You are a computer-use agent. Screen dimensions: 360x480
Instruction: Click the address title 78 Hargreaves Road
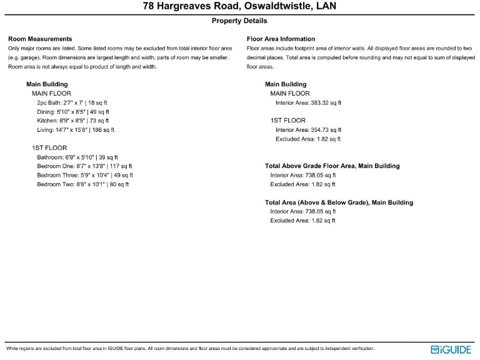[x=239, y=7]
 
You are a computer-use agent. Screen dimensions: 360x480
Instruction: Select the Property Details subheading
[x=239, y=21]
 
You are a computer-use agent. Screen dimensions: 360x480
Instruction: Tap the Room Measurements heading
[x=40, y=39]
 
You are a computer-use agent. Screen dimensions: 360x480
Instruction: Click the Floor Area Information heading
[x=281, y=39]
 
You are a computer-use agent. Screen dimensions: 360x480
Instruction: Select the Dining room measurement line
[x=72, y=112]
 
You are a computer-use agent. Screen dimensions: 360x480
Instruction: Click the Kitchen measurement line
[x=72, y=121]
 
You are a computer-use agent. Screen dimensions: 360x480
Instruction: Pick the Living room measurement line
[x=76, y=130]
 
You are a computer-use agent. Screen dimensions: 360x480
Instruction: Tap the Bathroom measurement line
[x=77, y=157]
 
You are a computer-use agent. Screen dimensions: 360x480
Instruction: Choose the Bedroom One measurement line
[x=84, y=166]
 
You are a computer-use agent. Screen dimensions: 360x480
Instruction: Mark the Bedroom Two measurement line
[x=83, y=184]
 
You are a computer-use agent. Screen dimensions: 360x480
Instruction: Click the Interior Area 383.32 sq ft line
[x=308, y=102]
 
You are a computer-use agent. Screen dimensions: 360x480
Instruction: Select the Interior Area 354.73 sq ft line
[x=308, y=130]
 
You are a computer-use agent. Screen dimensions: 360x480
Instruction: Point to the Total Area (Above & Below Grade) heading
[x=339, y=202]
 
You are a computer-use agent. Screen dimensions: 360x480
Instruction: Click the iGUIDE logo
[x=451, y=349]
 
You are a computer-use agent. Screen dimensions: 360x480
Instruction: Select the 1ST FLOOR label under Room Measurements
[x=49, y=148]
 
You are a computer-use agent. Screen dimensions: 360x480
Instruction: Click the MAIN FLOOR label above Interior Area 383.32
[x=290, y=94]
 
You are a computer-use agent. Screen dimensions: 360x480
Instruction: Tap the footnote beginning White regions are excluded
[x=190, y=348]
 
